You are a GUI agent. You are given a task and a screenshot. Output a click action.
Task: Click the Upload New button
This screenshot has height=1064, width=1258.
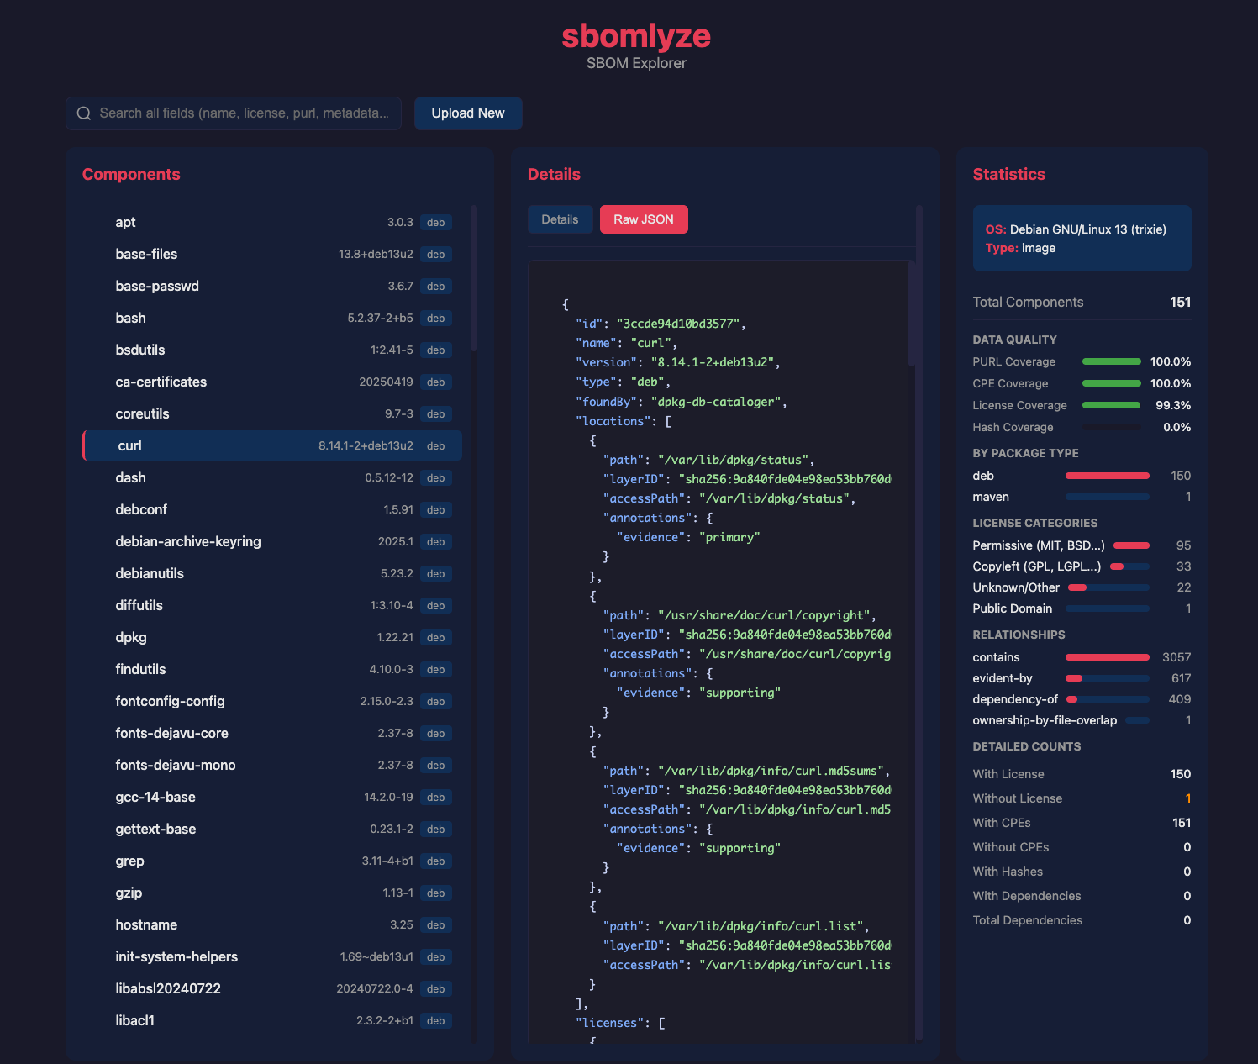coord(468,113)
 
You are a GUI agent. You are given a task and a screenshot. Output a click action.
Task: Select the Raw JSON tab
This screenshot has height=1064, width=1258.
coord(644,219)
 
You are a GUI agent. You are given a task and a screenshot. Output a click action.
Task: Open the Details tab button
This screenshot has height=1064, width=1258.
coord(560,219)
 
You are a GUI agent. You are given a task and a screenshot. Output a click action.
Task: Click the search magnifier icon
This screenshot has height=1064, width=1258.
coord(84,113)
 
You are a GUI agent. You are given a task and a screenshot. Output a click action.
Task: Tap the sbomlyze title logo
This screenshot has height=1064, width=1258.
coord(636,35)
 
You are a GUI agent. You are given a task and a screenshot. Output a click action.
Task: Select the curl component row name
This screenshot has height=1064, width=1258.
coord(129,445)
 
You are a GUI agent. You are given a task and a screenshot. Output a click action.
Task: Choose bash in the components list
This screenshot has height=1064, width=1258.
coord(131,318)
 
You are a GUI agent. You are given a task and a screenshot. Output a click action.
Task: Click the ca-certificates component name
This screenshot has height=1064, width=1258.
coord(161,382)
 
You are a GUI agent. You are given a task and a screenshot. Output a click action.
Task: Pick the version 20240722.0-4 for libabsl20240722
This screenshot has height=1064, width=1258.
coord(374,988)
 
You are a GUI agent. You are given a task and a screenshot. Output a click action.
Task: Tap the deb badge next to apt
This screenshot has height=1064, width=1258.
coord(435,222)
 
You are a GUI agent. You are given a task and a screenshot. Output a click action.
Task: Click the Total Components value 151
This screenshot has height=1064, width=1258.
coord(1180,302)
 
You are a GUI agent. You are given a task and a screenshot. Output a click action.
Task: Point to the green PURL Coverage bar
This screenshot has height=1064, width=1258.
coord(1111,361)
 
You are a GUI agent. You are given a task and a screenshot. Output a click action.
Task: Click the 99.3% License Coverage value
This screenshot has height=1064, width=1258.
coord(1173,405)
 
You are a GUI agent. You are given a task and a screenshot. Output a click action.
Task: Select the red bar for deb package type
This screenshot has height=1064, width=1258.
coord(1107,476)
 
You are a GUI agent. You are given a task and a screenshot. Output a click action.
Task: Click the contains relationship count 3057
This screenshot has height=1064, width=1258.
coord(1176,656)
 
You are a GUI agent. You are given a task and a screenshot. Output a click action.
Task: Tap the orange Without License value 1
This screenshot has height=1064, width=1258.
coord(1187,798)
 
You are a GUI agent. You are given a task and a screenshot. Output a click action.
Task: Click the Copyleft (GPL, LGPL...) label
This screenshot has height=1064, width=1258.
coord(1036,566)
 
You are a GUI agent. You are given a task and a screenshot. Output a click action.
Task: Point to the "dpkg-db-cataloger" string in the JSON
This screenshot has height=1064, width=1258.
coord(716,402)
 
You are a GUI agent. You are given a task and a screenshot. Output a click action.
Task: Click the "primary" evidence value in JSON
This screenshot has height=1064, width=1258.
coord(729,537)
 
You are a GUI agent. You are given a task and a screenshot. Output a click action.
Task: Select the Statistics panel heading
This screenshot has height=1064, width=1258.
coord(1008,174)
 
